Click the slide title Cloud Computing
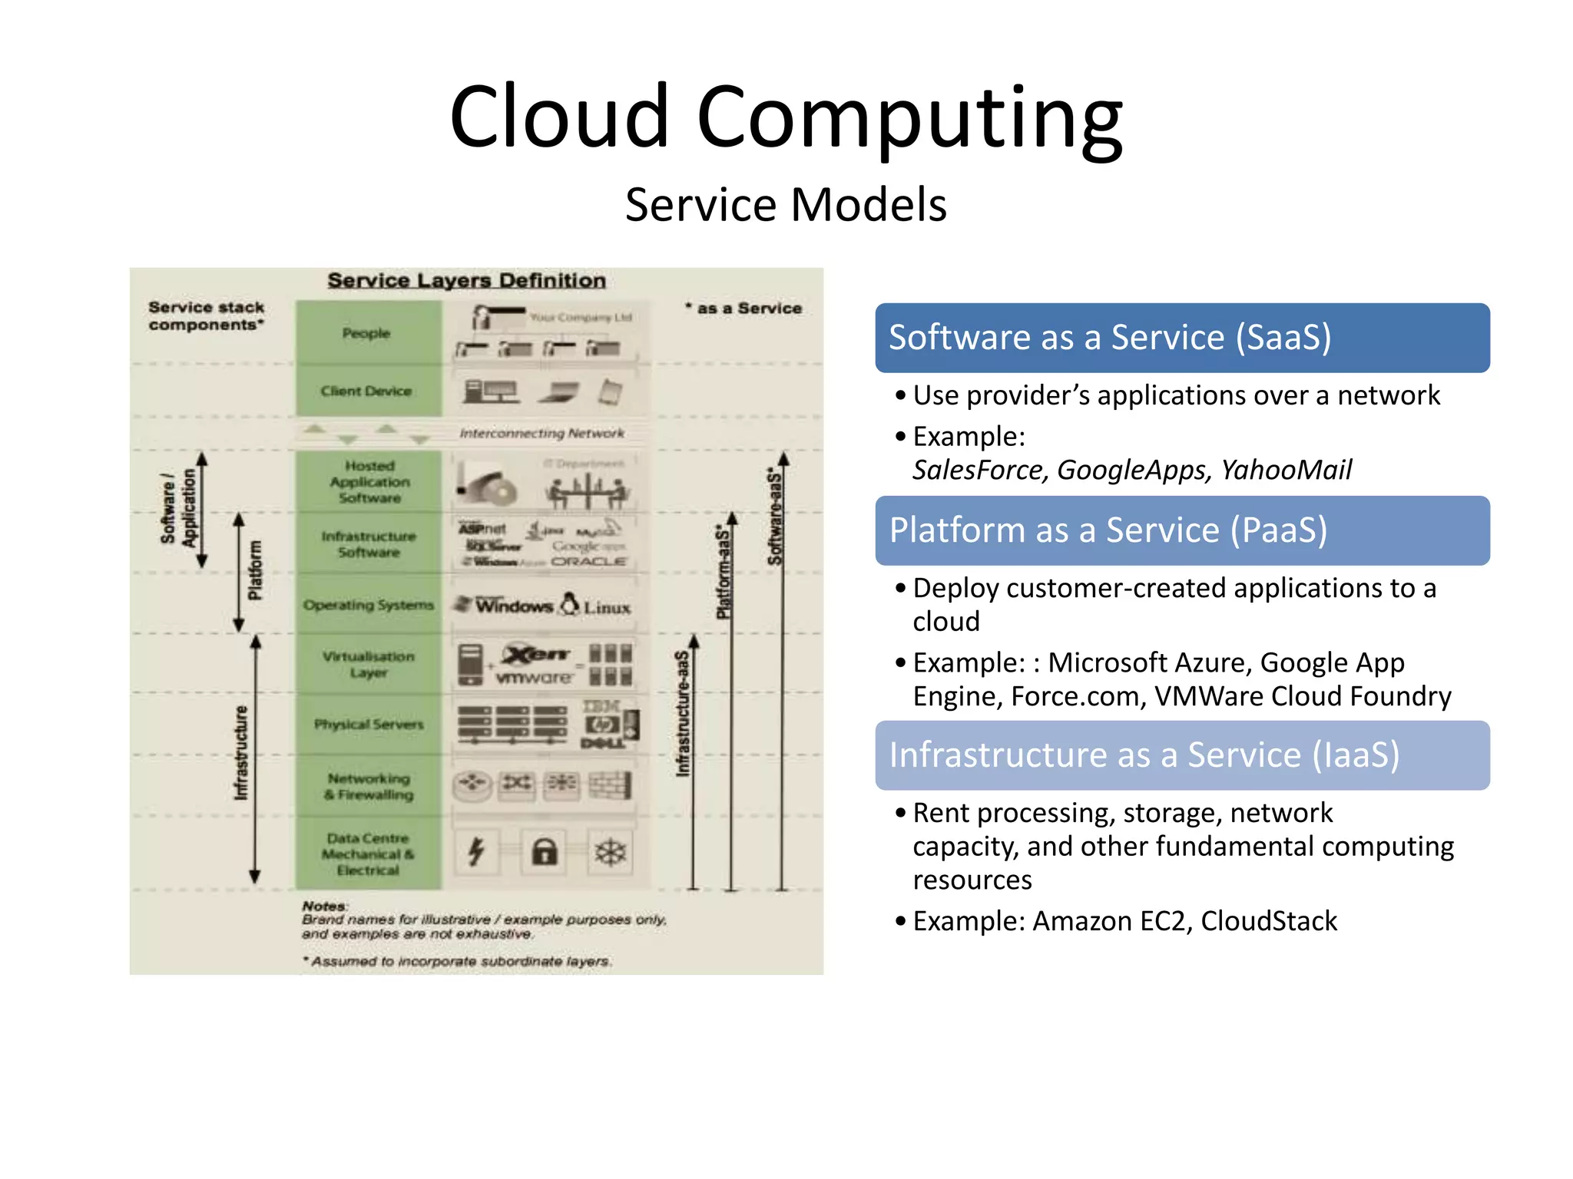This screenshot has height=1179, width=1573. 786,117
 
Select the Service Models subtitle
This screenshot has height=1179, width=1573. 786,205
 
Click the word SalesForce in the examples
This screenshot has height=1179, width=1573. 980,470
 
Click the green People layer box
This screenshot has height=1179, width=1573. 368,333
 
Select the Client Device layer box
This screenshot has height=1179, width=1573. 368,391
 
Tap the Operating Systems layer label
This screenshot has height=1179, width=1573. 369,605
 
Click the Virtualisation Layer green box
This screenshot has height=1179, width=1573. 369,664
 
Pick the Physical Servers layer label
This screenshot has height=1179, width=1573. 369,724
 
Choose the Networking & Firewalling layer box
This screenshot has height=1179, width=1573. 369,786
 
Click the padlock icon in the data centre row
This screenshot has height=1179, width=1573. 545,852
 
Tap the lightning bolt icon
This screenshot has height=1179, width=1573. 477,851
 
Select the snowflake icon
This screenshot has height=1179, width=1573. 611,852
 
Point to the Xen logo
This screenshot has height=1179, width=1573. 536,654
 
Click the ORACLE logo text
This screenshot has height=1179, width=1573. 589,561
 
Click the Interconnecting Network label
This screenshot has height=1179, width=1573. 542,434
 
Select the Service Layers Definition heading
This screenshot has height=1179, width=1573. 467,281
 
